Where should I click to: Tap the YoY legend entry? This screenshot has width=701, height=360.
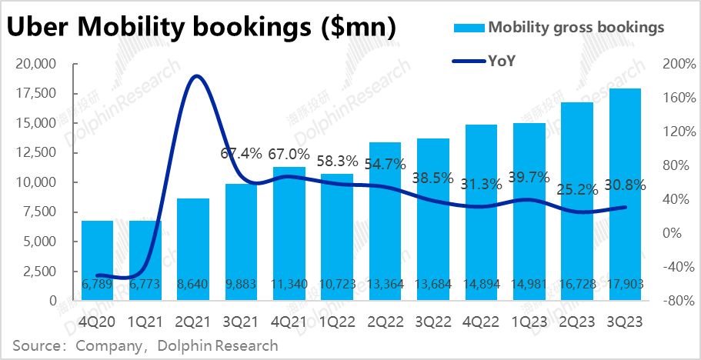pos(502,60)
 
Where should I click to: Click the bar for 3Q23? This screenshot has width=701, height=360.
pos(625,192)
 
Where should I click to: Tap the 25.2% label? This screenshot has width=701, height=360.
pos(576,187)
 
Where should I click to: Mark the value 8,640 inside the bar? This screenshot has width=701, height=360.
pos(193,284)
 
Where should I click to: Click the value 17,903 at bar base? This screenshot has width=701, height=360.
pos(625,284)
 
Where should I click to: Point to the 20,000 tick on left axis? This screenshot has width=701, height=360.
pos(38,64)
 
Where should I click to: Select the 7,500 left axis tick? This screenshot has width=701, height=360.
pos(42,212)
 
